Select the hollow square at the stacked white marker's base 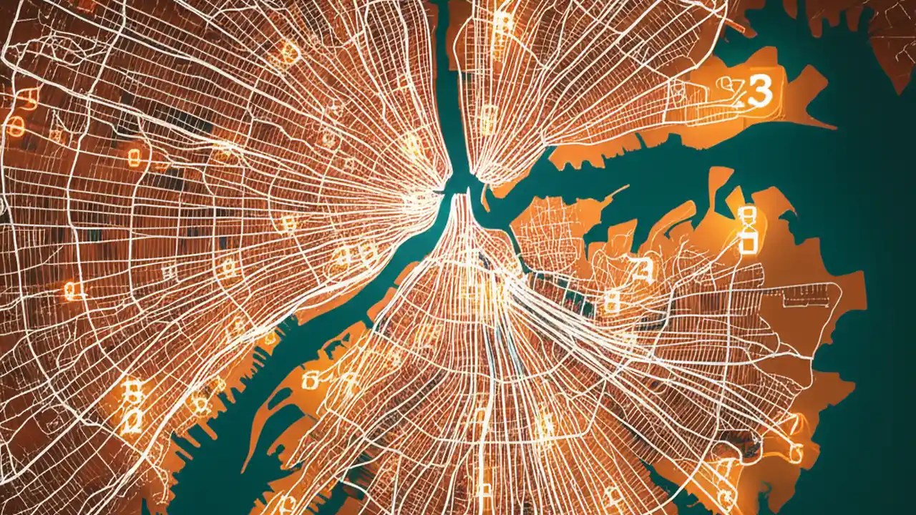(x=746, y=245)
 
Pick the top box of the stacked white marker (x=746, y=213)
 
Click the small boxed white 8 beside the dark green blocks (x=610, y=303)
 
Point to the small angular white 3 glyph (x=643, y=269)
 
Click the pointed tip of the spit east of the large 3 (x=834, y=127)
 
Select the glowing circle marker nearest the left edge (x=15, y=129)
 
